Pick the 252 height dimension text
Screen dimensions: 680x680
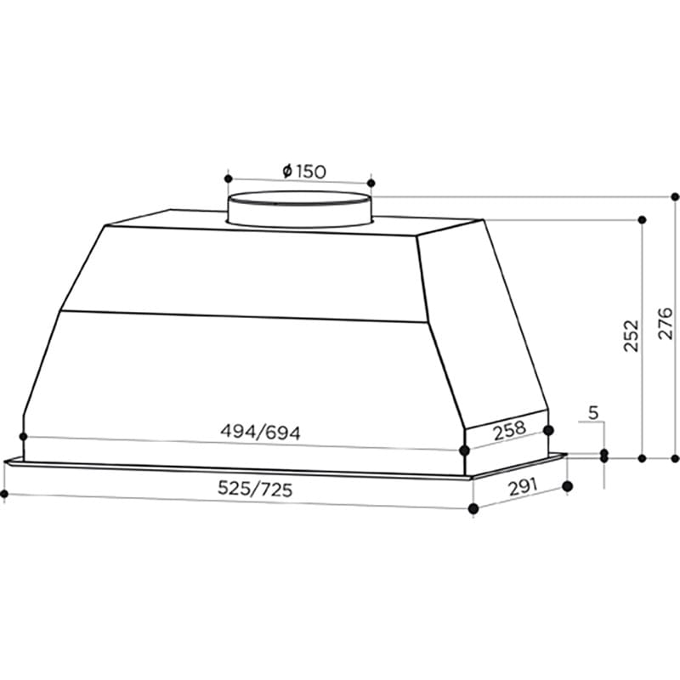[630, 337]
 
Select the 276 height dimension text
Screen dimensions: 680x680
[666, 324]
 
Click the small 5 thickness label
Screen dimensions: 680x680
[593, 414]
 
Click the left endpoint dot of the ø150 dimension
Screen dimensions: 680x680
[227, 179]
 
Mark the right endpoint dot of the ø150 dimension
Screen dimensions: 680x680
[371, 182]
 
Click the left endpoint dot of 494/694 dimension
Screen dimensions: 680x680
[23, 437]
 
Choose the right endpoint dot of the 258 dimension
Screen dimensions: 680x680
[548, 430]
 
